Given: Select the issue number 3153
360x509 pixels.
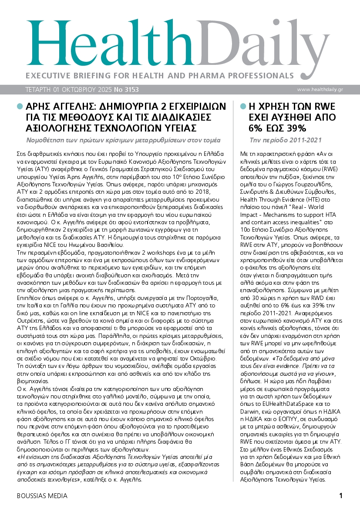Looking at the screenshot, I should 131,90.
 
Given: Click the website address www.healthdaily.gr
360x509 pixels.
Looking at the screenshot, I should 320,90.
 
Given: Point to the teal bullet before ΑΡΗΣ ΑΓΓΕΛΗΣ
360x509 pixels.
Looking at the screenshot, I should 20,106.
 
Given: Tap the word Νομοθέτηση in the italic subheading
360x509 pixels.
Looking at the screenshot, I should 47,141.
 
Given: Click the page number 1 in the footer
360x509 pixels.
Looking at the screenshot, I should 341,496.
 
